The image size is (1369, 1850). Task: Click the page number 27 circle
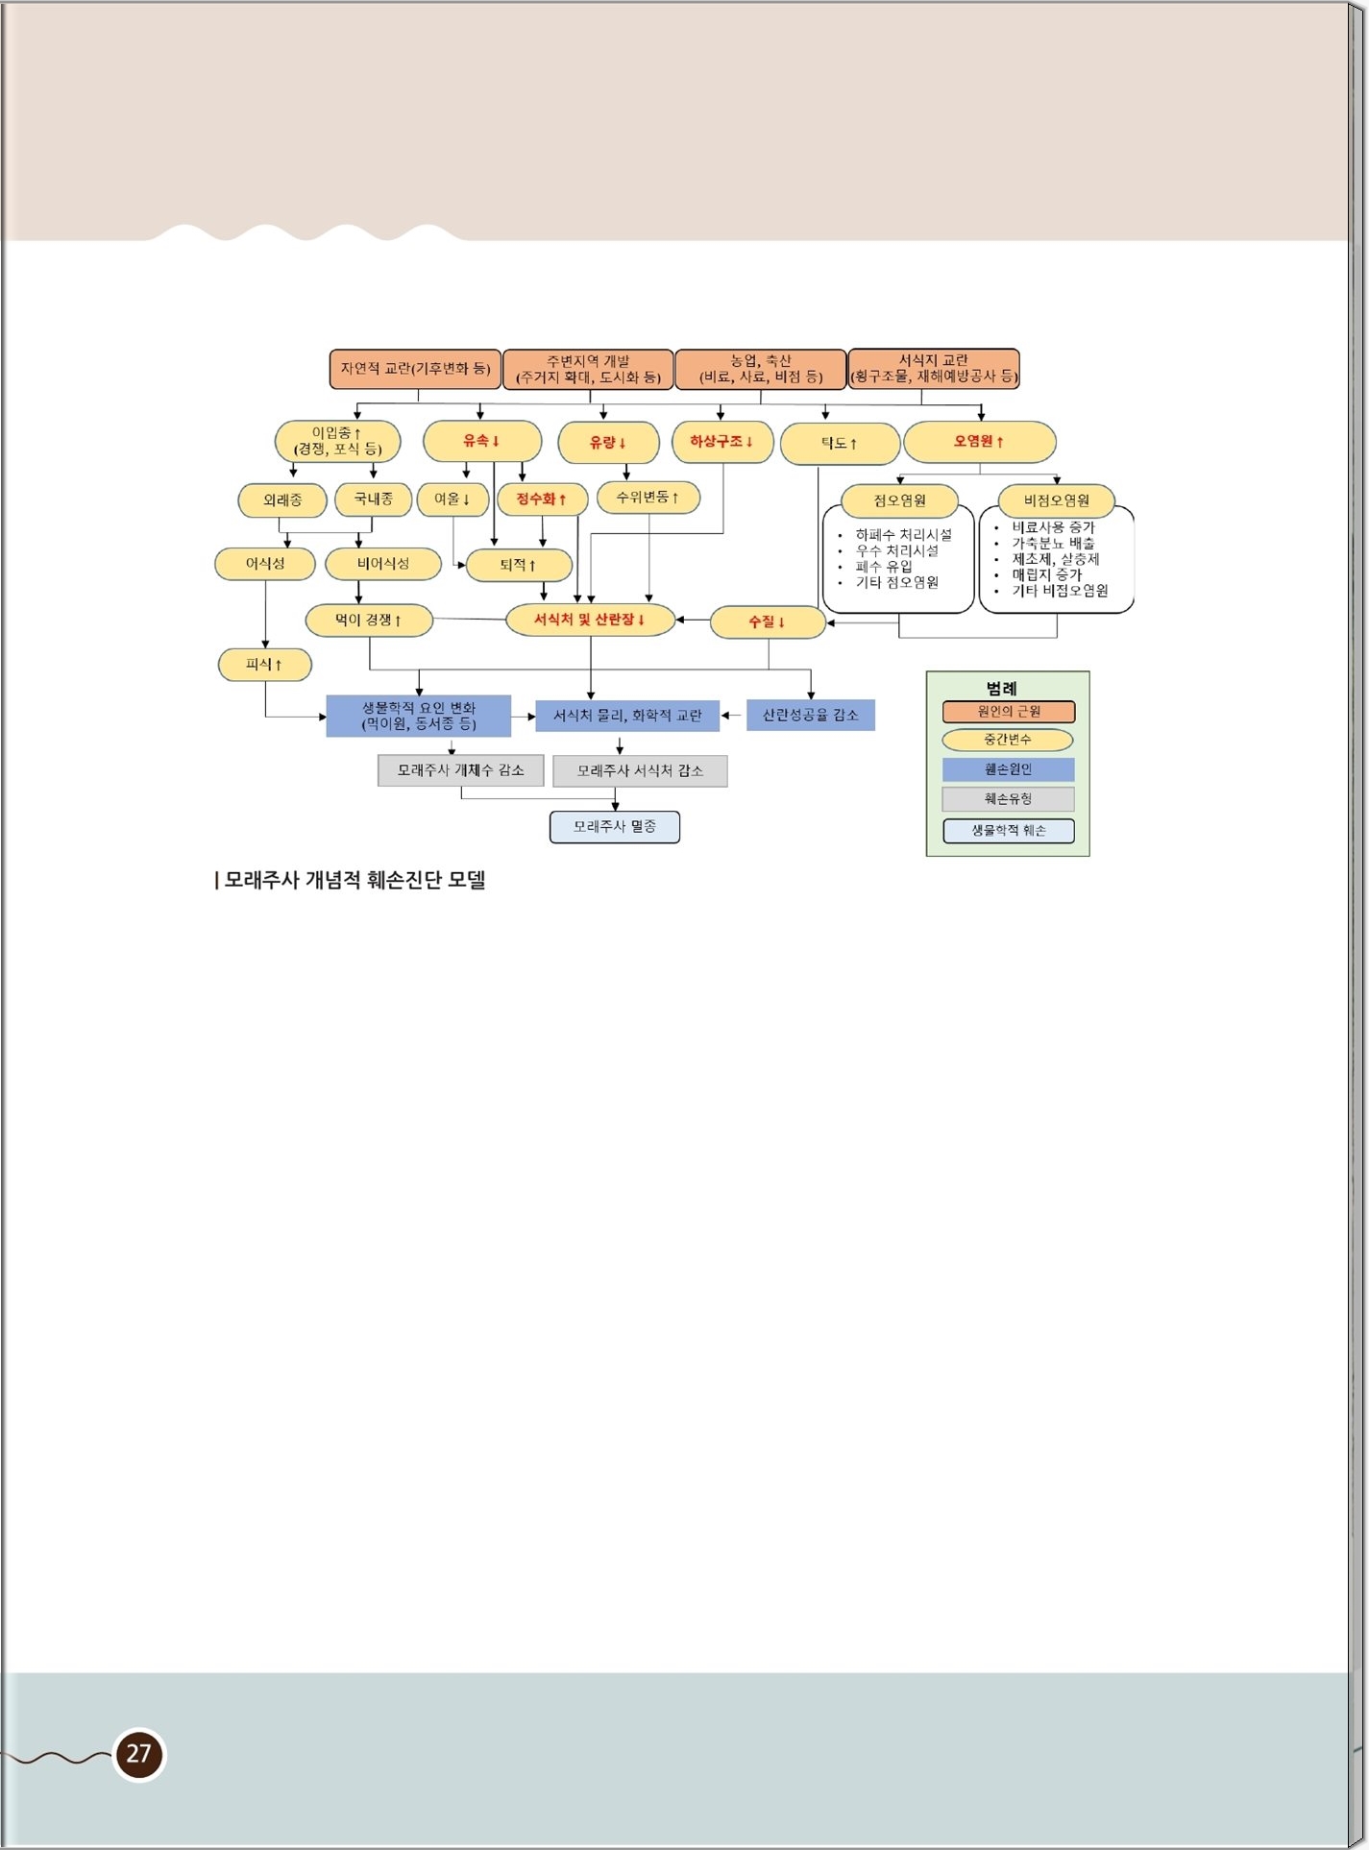(x=139, y=1754)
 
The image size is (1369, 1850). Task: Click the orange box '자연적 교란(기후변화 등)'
(x=415, y=369)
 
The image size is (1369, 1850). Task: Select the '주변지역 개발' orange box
(x=588, y=369)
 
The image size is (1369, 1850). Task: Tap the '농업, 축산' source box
(x=761, y=369)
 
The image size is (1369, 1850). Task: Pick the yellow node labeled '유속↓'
(x=482, y=441)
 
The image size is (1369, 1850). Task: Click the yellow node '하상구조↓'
(x=722, y=442)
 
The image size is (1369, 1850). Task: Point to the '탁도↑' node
(x=840, y=444)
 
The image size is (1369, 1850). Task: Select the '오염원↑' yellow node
(x=980, y=442)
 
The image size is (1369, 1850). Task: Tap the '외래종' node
(x=282, y=500)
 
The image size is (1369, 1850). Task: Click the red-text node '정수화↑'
(x=543, y=499)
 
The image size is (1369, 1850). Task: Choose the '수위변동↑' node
(x=648, y=498)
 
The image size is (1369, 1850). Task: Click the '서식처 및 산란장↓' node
(x=590, y=620)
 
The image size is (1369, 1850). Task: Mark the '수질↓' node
(x=768, y=622)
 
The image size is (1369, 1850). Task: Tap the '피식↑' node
(x=265, y=665)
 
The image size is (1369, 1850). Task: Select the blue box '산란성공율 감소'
(x=811, y=715)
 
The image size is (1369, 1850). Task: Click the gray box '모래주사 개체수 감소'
(x=461, y=770)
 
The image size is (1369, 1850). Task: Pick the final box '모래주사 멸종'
(x=615, y=827)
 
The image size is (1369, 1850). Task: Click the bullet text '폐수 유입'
(x=884, y=567)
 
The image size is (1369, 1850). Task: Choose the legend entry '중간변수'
(x=1008, y=740)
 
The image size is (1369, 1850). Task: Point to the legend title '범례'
(x=1001, y=689)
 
